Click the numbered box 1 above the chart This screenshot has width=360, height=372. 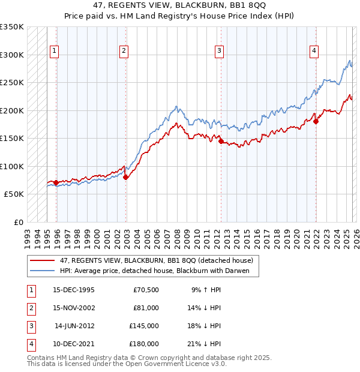pyautogui.click(x=54, y=52)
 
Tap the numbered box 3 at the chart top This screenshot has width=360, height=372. pyautogui.click(x=220, y=52)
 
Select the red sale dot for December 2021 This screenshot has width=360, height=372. pyautogui.click(x=316, y=121)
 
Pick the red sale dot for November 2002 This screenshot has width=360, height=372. pyautogui.click(x=125, y=177)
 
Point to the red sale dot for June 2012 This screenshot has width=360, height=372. pyautogui.click(x=221, y=142)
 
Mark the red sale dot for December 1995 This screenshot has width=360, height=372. pyautogui.click(x=56, y=182)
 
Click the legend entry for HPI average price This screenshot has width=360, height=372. pyautogui.click(x=158, y=271)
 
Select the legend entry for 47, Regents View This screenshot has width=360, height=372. pyautogui.click(x=157, y=260)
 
